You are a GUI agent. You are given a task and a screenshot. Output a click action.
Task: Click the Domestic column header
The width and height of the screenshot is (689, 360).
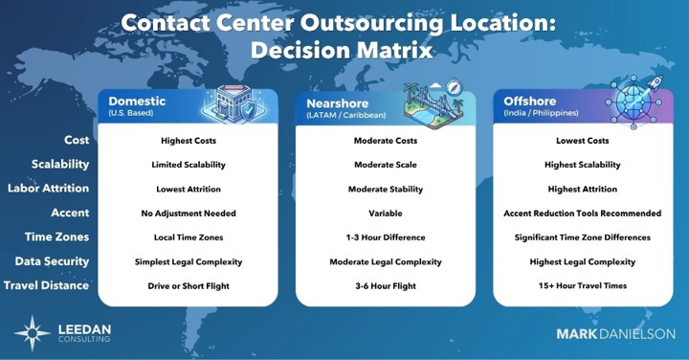137,101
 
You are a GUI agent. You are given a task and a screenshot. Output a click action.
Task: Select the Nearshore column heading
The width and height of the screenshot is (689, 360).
338,103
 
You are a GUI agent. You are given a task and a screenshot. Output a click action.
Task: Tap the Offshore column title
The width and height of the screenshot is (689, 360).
530,101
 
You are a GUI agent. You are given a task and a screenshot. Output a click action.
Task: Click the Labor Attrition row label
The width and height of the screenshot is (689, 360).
49,188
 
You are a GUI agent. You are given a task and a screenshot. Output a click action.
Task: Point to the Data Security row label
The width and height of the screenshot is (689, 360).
52,261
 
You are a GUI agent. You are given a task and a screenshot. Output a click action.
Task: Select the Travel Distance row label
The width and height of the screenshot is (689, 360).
46,285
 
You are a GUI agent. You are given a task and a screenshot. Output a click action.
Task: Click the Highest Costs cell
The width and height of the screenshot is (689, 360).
189,141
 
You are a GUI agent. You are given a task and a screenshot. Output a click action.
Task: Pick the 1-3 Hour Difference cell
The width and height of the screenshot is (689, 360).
386,237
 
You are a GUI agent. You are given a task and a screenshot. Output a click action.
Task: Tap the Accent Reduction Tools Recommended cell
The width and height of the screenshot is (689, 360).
582,214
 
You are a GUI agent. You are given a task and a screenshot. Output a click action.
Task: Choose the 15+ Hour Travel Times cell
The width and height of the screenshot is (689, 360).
583,285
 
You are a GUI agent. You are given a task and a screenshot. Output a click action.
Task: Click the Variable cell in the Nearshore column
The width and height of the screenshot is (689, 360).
386,214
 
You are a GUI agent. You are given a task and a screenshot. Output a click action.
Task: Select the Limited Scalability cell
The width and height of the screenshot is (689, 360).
189,165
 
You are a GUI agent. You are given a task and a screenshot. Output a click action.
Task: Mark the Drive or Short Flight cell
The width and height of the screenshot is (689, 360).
189,285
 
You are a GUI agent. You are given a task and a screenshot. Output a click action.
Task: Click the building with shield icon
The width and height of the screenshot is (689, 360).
233,104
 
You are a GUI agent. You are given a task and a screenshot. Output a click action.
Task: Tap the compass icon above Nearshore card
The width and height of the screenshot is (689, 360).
454,87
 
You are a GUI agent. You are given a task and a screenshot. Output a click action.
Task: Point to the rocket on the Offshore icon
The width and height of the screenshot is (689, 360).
655,82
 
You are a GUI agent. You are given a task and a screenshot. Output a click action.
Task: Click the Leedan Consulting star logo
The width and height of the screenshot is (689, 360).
33,333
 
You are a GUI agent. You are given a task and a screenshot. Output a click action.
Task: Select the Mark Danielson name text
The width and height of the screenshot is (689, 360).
615,333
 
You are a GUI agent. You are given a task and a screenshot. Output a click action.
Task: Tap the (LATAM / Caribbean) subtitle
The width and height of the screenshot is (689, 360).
346,115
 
